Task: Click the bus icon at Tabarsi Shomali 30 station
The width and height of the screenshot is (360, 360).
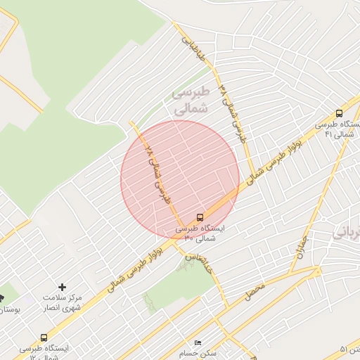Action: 200,217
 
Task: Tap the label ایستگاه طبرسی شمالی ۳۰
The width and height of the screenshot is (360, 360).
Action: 200,233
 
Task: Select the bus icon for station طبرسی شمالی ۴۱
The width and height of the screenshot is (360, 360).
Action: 340,113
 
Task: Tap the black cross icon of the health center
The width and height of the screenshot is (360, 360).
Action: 63,287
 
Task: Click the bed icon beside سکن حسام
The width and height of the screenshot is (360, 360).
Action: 198,342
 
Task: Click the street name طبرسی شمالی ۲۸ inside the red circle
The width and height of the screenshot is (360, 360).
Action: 158,172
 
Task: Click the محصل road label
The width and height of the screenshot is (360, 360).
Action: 255,292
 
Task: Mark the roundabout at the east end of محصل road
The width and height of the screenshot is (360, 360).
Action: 319,270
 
